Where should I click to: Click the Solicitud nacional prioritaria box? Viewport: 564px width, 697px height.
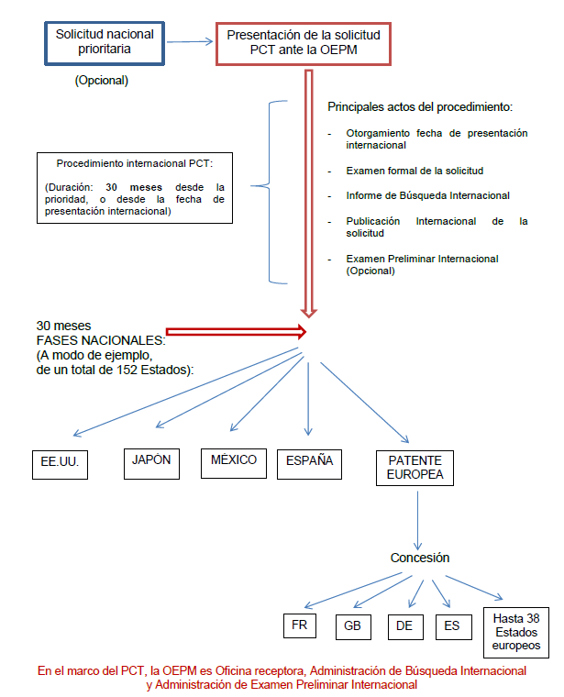(105, 41)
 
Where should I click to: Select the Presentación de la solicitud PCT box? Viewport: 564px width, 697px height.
(304, 42)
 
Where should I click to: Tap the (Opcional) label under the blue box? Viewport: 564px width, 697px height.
(101, 81)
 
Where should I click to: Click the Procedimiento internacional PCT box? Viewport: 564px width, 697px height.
(135, 187)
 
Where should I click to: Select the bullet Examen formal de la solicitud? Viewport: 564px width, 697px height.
(415, 171)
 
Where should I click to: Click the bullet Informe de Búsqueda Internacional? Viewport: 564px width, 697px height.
(427, 195)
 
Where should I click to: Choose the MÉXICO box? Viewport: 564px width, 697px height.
(233, 461)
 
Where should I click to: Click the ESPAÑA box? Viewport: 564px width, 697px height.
(309, 462)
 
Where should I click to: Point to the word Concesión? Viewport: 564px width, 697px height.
(420, 558)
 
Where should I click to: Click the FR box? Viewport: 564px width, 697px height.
(299, 625)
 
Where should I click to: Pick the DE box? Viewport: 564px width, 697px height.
(403, 625)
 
